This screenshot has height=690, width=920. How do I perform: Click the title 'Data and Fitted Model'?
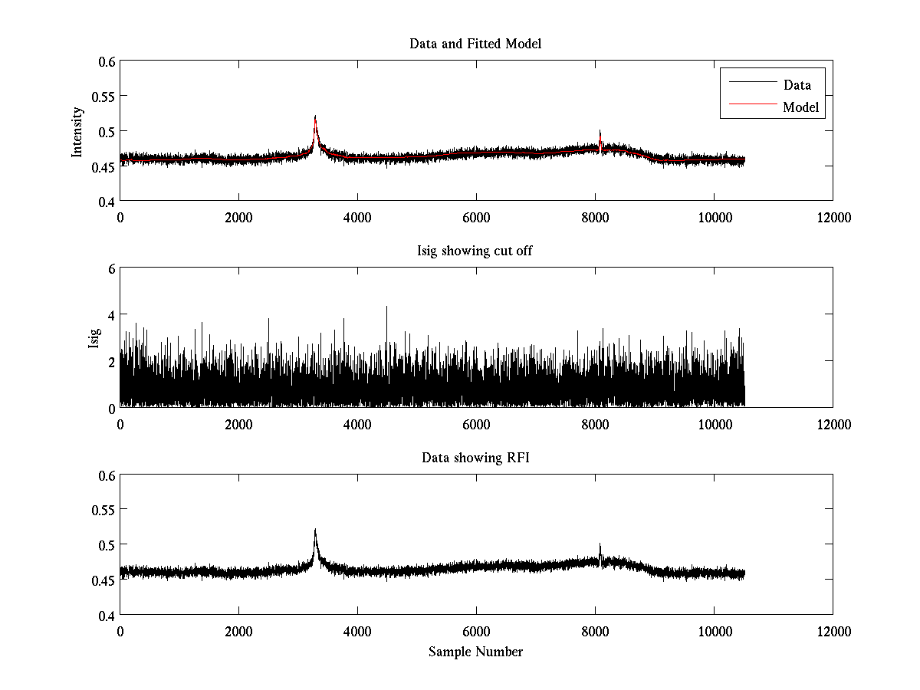[x=475, y=44]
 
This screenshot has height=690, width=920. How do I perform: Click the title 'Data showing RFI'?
[x=475, y=458]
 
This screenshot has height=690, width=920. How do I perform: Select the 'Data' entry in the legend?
[x=797, y=85]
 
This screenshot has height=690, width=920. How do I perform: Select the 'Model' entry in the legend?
[x=800, y=107]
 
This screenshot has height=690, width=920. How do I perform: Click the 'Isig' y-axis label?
[x=94, y=338]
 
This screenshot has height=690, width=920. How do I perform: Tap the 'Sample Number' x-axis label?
[x=475, y=652]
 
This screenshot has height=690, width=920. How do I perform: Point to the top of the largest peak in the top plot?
[x=315, y=117]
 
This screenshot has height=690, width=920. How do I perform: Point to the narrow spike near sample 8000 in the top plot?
[x=600, y=131]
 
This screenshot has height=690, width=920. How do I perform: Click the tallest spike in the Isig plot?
[x=386, y=307]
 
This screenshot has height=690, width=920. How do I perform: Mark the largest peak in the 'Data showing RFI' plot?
[x=315, y=530]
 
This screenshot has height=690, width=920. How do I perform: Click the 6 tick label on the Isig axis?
[x=110, y=268]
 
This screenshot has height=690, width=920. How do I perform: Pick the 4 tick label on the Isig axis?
[x=110, y=315]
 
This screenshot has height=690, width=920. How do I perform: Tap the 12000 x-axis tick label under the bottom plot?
[x=833, y=631]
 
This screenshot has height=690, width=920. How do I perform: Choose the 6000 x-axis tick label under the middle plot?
[x=476, y=424]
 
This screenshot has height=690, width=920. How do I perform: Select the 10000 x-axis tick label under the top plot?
[x=714, y=217]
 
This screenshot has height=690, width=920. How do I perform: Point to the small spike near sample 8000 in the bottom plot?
[x=600, y=545]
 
